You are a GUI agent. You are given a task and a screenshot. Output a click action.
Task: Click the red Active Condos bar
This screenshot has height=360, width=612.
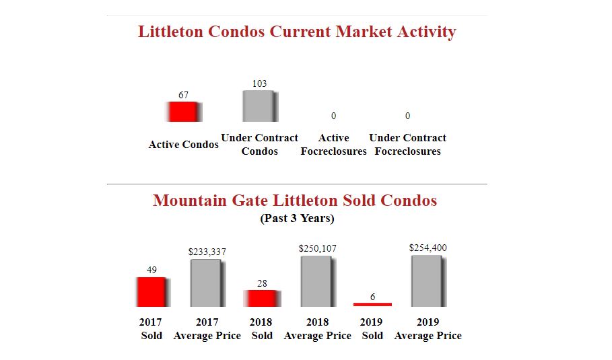(183, 112)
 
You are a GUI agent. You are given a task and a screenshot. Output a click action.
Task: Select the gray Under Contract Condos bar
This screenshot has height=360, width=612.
(260, 106)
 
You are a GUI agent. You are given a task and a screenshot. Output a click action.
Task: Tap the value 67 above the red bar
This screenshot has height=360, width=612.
(183, 96)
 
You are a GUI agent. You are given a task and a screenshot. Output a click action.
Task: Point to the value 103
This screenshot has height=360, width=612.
(259, 83)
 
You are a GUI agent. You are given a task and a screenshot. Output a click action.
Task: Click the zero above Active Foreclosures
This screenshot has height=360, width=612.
(333, 116)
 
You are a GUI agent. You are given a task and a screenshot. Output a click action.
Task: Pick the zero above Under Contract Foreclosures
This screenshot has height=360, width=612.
(407, 116)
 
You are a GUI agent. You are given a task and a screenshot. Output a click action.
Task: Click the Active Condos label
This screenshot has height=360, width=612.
(183, 145)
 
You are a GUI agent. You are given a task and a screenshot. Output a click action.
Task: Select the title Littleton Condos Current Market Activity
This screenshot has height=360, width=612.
(297, 32)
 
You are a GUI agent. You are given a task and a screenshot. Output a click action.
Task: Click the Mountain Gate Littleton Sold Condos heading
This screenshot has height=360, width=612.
(295, 201)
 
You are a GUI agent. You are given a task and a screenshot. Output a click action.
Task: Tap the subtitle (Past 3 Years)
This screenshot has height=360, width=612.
(297, 219)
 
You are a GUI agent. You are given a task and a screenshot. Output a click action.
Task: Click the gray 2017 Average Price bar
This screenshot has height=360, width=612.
(207, 283)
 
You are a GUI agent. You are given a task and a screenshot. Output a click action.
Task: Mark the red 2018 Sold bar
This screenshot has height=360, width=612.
(262, 299)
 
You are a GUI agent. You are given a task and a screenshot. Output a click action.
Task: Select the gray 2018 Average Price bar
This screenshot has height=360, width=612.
(317, 281)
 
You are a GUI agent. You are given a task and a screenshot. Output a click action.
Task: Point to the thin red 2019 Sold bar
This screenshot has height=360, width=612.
(372, 304)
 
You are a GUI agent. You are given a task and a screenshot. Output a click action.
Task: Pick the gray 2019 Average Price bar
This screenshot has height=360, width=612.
(428, 281)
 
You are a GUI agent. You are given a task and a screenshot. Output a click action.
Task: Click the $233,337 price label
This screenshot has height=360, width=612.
(207, 252)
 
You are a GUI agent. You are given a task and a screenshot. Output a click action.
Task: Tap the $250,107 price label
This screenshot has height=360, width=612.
(317, 249)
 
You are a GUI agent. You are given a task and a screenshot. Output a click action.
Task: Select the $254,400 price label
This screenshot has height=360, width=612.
(428, 248)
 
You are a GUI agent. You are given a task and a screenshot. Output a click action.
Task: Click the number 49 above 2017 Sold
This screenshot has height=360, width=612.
(152, 271)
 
